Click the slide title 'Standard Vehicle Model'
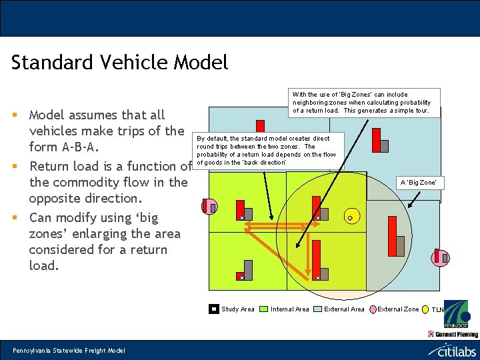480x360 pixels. click(x=120, y=63)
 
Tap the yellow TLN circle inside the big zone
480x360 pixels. click(x=350, y=217)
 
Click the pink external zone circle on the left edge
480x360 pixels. click(x=209, y=207)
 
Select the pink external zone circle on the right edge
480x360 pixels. click(x=439, y=258)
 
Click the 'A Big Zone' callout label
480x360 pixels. click(x=417, y=182)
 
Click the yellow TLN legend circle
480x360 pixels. click(x=426, y=309)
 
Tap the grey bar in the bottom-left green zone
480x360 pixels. click(x=248, y=269)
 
